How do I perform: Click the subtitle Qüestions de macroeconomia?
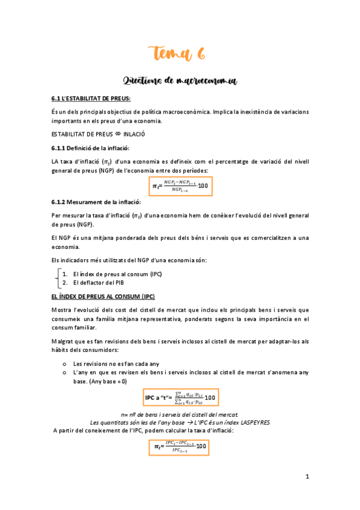pos(180,81)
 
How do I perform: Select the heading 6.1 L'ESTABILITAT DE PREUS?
pos(91,98)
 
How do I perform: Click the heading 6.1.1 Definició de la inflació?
pos(90,148)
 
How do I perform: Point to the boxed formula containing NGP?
pos(180,186)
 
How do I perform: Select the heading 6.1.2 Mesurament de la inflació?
pos(96,203)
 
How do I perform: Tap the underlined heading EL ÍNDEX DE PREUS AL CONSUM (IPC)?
pos(103,296)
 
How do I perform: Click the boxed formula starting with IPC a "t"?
pos(180,398)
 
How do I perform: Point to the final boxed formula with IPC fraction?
pos(180,446)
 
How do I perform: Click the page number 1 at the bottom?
pos(307,477)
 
